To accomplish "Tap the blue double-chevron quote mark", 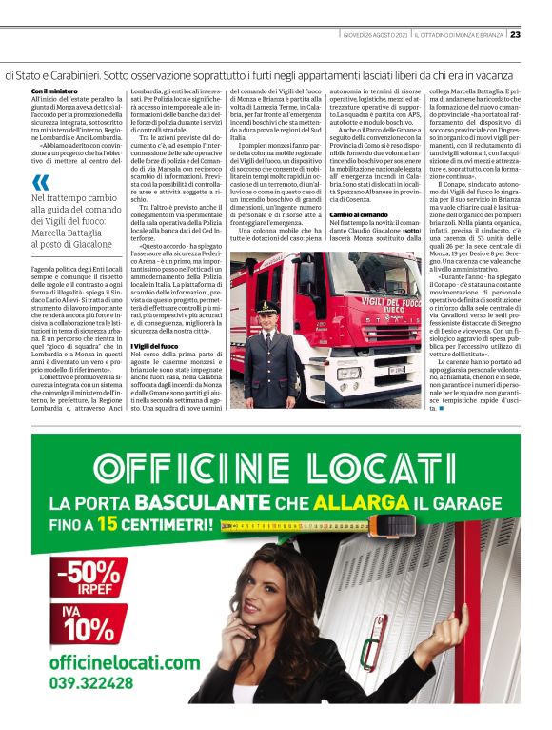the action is [x=40, y=182].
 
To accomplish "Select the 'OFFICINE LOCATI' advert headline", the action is [x=274, y=469].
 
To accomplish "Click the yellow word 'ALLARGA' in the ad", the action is [x=348, y=502].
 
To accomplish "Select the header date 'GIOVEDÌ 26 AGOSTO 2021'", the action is [x=374, y=35].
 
